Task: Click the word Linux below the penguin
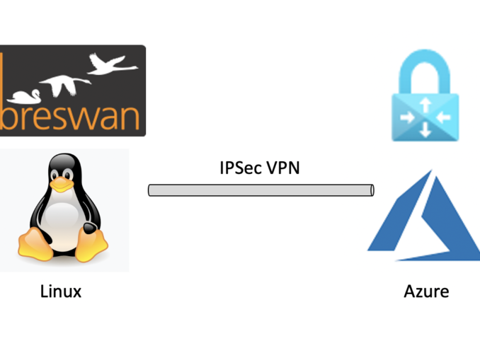[60, 291]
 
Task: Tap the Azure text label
[426, 291]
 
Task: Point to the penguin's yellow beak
[63, 185]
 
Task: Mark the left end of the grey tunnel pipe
[151, 190]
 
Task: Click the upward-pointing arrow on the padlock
[425, 105]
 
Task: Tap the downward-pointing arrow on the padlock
[425, 129]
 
